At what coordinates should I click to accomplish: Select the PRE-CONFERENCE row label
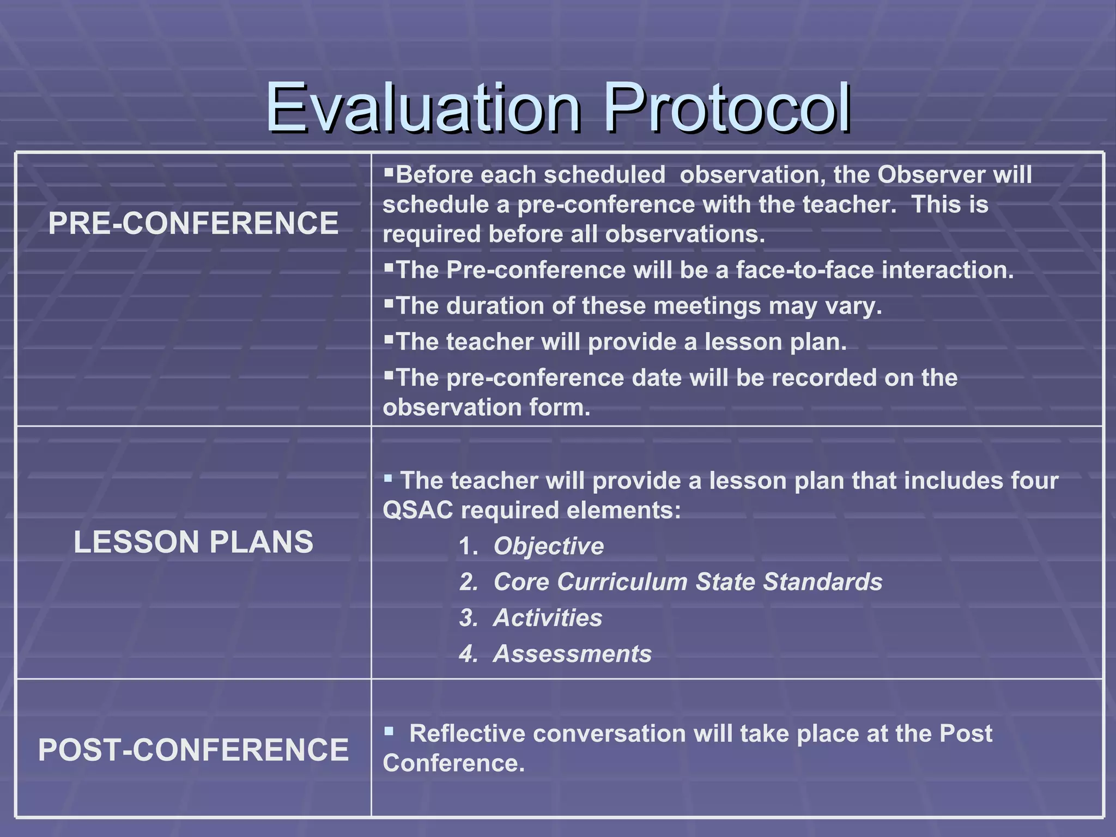pos(193,223)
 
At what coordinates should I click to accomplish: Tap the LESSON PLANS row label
pos(193,542)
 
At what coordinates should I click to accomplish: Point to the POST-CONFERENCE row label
pos(193,750)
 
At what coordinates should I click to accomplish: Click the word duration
pos(495,306)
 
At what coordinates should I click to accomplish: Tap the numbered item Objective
pos(549,547)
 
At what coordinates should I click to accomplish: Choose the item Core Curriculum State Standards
pos(688,582)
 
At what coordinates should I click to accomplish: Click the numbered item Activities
pos(548,618)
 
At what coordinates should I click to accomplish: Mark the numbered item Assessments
pos(572,654)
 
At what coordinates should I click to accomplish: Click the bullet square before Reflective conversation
pos(389,731)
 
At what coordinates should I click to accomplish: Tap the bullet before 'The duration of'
pos(389,303)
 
